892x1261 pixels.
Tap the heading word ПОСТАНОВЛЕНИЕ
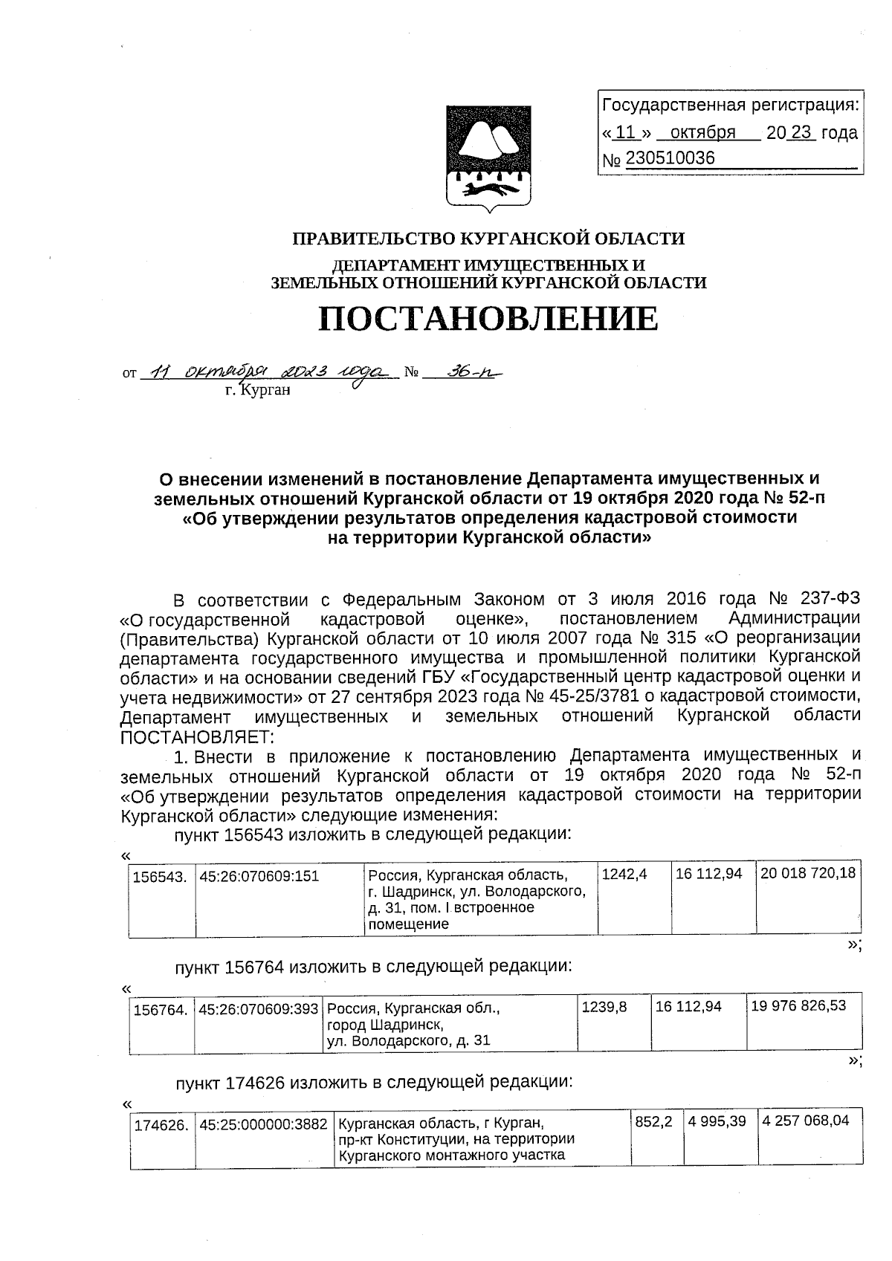point(488,319)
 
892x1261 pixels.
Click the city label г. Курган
point(256,389)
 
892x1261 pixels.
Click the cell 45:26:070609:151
point(259,876)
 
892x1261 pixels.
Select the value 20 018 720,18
point(807,874)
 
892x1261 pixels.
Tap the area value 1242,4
point(624,875)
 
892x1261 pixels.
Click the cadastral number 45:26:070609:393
point(259,1009)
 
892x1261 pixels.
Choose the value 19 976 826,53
point(798,1006)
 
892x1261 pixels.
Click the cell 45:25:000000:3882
point(263,1126)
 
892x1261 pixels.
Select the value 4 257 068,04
point(805,1121)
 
